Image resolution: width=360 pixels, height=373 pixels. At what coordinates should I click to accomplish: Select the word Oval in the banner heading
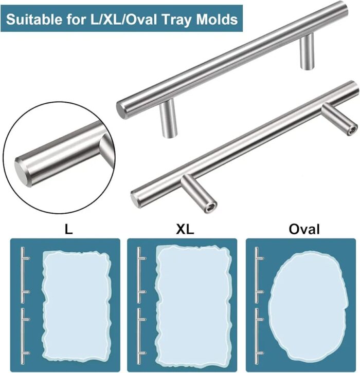tap(141, 20)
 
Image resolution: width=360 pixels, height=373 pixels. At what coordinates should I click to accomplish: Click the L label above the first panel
tap(68, 229)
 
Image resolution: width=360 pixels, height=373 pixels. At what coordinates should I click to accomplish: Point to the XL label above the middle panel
tap(185, 229)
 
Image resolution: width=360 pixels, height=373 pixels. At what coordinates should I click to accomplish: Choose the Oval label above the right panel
tap(304, 229)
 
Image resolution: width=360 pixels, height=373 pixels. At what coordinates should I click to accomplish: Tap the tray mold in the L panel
tap(77, 307)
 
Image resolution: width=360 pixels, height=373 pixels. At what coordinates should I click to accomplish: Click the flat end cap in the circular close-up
tap(22, 173)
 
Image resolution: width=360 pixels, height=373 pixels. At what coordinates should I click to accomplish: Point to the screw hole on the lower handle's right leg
tap(353, 130)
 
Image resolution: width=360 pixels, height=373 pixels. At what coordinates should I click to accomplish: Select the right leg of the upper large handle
tap(307, 51)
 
